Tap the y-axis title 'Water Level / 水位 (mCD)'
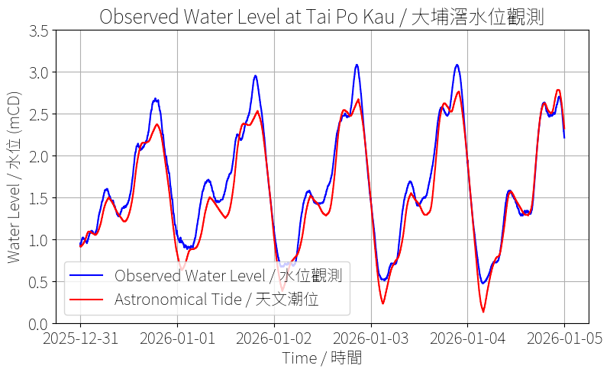[x=15, y=177]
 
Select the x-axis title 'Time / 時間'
[x=321, y=357]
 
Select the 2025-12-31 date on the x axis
[x=80, y=338]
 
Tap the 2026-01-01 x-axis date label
[x=177, y=338]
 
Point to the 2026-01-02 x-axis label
[x=274, y=338]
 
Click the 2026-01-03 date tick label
[x=371, y=338]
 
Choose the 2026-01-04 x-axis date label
[x=468, y=338]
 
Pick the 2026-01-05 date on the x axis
[x=565, y=338]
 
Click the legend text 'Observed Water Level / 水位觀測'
[x=228, y=275]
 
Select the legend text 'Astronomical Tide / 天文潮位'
[x=216, y=300]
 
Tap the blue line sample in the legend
[x=87, y=275]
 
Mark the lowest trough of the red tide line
[x=483, y=312]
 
